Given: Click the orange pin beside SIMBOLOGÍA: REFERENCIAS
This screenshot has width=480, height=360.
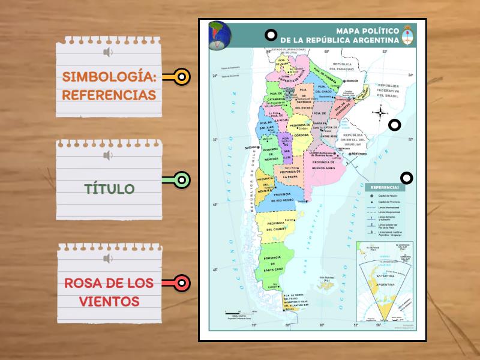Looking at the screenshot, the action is (x=182, y=77).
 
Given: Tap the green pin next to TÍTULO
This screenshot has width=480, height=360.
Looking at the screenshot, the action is (x=182, y=179).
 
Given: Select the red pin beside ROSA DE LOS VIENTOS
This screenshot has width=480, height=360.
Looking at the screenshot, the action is (x=182, y=282).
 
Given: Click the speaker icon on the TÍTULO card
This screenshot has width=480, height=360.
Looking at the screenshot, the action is (x=108, y=156).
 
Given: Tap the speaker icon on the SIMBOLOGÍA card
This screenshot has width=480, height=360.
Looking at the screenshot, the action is (x=108, y=53).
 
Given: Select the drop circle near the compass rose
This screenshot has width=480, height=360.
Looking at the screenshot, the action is (x=394, y=125).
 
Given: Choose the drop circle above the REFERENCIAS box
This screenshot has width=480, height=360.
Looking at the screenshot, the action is (x=407, y=178).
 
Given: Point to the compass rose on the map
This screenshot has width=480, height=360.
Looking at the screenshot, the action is (x=380, y=112).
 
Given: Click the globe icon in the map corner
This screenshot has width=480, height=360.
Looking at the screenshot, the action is (x=219, y=34).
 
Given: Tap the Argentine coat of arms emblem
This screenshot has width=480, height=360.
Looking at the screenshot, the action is (x=409, y=35).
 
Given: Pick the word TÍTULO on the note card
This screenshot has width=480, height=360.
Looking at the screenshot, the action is (x=109, y=189).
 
